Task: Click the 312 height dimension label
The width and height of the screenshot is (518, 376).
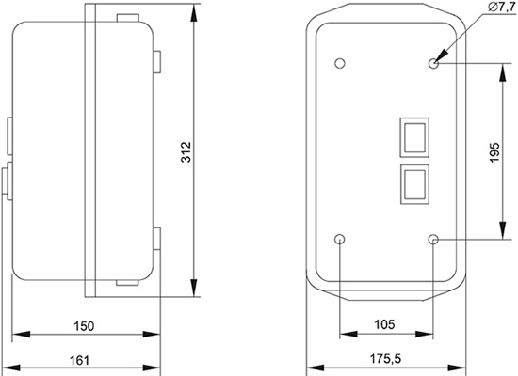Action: (186, 152)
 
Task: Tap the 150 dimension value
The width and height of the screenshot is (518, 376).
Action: (84, 326)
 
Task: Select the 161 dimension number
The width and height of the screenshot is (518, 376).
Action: (79, 360)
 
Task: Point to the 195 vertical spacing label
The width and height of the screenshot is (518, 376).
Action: (494, 152)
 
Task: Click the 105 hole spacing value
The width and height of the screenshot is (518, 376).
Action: (385, 324)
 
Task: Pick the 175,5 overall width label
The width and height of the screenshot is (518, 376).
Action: (385, 358)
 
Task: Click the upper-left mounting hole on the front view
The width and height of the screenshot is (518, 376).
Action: (340, 63)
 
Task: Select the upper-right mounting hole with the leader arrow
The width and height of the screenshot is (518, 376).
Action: (433, 63)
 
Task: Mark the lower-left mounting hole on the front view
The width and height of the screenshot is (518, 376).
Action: (340, 240)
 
